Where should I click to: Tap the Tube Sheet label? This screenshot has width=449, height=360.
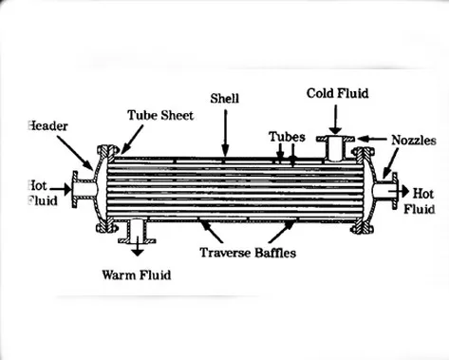(x=160, y=115)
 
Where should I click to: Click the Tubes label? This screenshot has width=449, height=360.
(x=286, y=136)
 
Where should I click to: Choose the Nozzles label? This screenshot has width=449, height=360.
(x=414, y=140)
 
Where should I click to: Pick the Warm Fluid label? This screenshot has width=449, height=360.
(x=138, y=276)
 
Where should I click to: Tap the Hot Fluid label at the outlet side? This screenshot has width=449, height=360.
(x=420, y=199)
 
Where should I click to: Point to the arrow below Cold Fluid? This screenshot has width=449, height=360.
(x=335, y=119)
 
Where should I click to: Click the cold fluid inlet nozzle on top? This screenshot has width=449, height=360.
(x=335, y=147)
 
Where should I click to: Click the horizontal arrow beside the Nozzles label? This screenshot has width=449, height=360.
(x=376, y=140)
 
